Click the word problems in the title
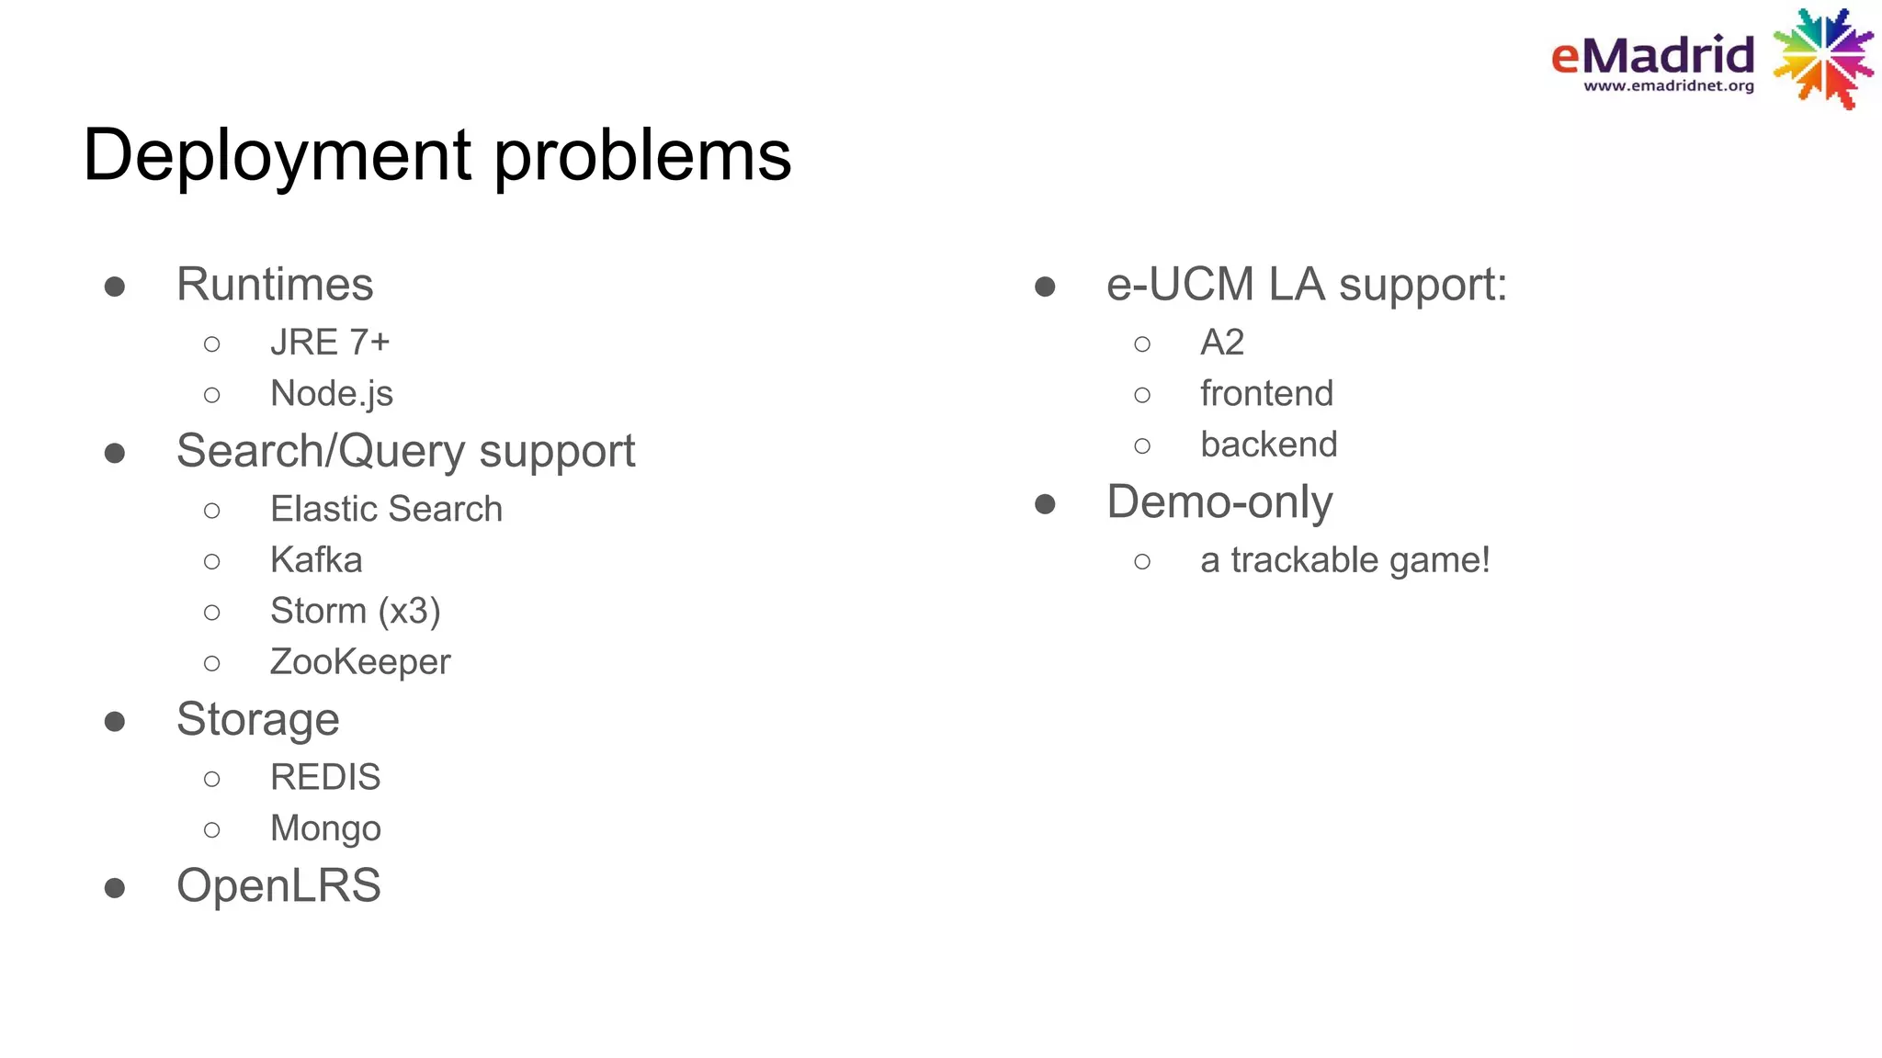(642, 156)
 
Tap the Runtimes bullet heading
(275, 285)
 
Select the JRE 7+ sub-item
(330, 343)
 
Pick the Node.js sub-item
(331, 394)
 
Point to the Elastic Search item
(386, 509)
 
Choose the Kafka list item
(316, 560)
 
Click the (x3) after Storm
(410, 612)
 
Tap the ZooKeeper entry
(360, 662)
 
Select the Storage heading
(257, 719)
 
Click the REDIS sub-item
(325, 778)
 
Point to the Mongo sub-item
(325, 829)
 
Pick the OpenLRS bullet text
(278, 886)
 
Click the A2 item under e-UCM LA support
(1221, 343)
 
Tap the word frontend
(1266, 394)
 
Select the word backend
(1268, 445)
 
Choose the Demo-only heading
(1219, 502)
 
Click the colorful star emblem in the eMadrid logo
(1823, 59)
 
